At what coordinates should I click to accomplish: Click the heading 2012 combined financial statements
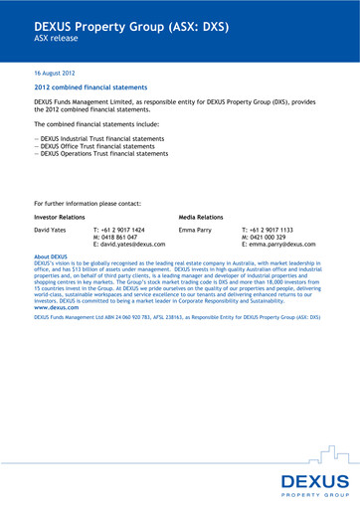pos(90,87)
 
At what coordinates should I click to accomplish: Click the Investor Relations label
pos(60,216)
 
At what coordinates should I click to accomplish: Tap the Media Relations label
pos(201,216)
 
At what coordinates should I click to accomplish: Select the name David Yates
pos(52,230)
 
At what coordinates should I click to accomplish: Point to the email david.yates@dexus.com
pos(129,245)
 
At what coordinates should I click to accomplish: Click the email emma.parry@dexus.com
pos(278,245)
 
